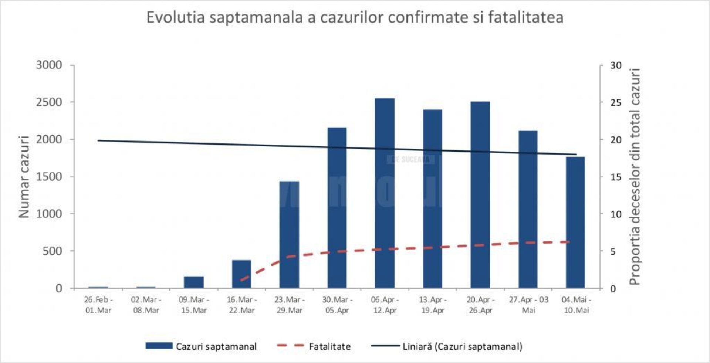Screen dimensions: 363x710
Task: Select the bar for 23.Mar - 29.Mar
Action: click(x=289, y=234)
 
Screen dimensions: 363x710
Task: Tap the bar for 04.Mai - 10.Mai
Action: click(x=575, y=222)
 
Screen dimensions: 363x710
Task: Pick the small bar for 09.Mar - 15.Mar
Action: click(x=194, y=282)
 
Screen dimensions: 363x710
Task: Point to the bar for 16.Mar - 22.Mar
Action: click(x=241, y=274)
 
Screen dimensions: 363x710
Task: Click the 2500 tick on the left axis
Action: click(x=49, y=102)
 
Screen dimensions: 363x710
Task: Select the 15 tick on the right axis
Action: click(x=616, y=177)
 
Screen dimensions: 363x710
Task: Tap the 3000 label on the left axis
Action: click(x=49, y=65)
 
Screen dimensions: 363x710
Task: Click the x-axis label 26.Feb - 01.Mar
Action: click(x=98, y=305)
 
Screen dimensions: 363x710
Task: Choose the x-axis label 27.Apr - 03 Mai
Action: click(x=528, y=305)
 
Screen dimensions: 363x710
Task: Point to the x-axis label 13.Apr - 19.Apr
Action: click(x=433, y=305)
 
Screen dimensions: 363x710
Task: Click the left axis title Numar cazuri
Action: click(x=24, y=177)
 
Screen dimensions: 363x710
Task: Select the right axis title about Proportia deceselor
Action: click(x=635, y=177)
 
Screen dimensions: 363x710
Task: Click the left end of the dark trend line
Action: click(x=98, y=140)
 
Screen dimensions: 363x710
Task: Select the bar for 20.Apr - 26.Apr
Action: click(x=480, y=195)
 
